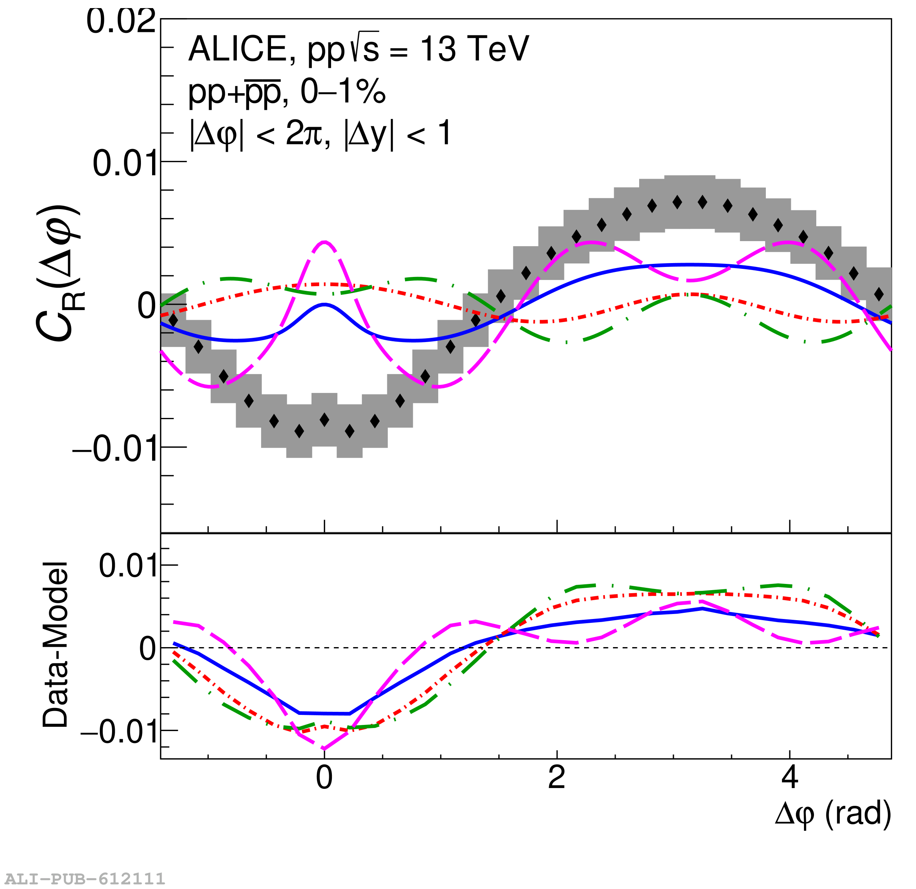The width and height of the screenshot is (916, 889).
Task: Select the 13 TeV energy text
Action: click(474, 49)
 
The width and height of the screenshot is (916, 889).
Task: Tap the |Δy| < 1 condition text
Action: click(397, 134)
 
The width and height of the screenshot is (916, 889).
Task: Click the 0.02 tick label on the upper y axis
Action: click(121, 22)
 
